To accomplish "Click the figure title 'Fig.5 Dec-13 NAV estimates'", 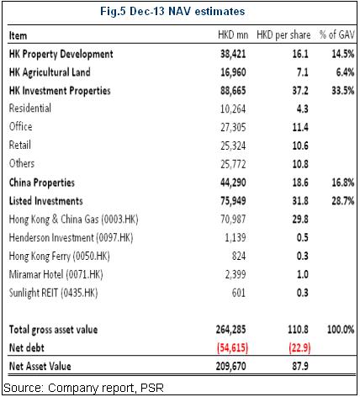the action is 172,12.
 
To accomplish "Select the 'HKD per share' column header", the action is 283,35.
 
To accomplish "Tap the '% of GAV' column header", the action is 337,34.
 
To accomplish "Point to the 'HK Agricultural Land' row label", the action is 50,72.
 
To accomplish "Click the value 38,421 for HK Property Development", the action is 233,54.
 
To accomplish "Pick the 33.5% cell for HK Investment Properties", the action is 343,91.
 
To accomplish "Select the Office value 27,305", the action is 233,127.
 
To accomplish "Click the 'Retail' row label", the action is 20,146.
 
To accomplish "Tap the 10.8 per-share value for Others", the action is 300,164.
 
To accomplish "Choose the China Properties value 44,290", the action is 233,183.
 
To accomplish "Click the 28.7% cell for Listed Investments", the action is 343,201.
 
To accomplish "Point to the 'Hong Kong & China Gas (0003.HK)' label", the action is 74,220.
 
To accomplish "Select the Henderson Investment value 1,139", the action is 236,238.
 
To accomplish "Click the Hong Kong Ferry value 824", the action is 239,256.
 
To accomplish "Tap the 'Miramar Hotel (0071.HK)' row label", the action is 56,274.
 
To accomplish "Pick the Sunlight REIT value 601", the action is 239,293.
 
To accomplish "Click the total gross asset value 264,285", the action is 230,330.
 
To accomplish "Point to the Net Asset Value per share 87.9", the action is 300,366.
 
